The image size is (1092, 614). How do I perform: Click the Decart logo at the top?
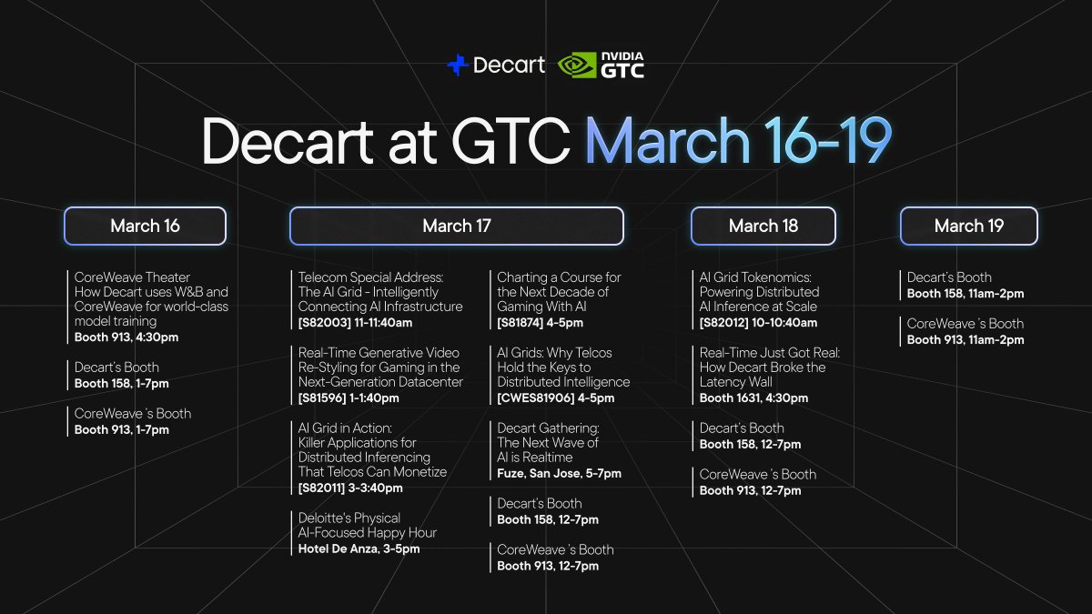click(x=496, y=65)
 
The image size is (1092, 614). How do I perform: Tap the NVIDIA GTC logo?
click(x=601, y=65)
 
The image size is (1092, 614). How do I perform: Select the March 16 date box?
click(x=145, y=226)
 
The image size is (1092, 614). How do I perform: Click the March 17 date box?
click(x=456, y=226)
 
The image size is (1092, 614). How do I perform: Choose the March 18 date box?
click(x=763, y=226)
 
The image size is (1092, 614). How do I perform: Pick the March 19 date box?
click(x=968, y=226)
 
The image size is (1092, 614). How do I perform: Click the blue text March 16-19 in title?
click(x=737, y=140)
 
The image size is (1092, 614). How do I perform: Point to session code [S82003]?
click(x=327, y=323)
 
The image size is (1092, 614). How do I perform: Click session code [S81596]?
click(x=327, y=398)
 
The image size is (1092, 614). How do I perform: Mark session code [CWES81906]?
click(x=536, y=398)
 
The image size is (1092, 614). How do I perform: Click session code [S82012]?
click(x=728, y=323)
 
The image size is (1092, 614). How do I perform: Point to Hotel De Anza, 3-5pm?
click(x=359, y=549)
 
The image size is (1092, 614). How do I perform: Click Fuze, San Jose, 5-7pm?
click(x=559, y=474)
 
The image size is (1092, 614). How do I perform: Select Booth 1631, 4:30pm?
click(x=753, y=398)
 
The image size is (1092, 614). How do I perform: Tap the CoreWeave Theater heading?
click(x=132, y=277)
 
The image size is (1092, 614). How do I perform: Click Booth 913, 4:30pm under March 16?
click(x=126, y=337)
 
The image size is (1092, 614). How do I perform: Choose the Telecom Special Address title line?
click(x=370, y=277)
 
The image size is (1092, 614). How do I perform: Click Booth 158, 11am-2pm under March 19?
click(x=965, y=294)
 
